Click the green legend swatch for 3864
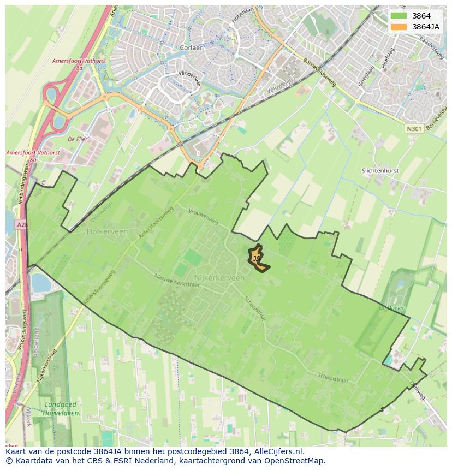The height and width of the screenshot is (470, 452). [398, 16]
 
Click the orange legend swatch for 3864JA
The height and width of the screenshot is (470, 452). [398, 27]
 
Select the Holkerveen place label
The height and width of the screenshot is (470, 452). [107, 231]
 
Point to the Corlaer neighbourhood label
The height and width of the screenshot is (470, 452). [191, 47]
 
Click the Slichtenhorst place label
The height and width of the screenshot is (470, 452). [380, 171]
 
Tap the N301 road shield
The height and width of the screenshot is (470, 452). [414, 129]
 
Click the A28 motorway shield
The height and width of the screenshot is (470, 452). [21, 224]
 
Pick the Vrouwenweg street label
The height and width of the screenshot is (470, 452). [203, 216]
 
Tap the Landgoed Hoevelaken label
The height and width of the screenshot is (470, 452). [62, 409]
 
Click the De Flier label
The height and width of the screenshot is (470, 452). [78, 139]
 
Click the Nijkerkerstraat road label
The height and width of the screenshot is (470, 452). [47, 365]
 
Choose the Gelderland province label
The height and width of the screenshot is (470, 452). [37, 343]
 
